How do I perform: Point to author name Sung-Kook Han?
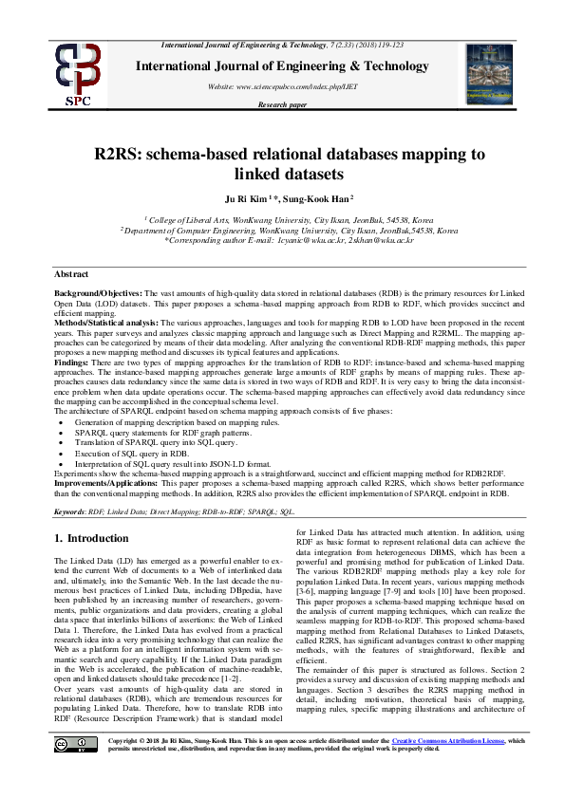[x=316, y=198]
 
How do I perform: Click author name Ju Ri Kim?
[x=245, y=198]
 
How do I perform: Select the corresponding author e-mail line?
[x=289, y=241]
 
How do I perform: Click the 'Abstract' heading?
[x=72, y=273]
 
